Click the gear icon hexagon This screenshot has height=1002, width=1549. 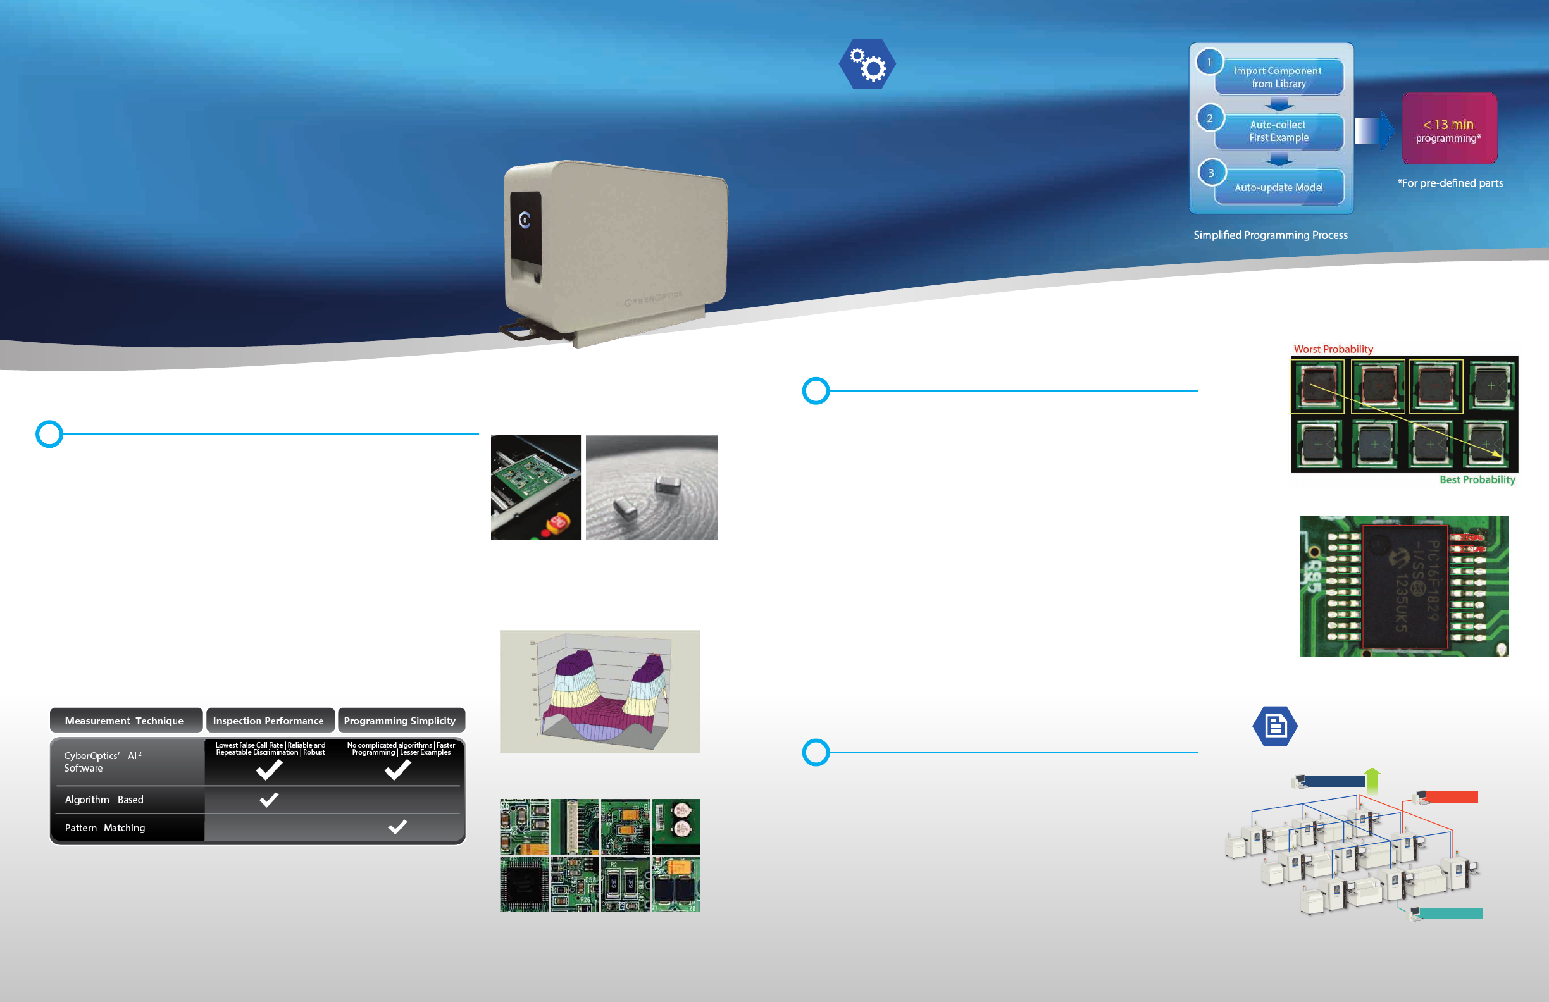pos(867,64)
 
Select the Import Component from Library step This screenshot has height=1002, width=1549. pos(1278,77)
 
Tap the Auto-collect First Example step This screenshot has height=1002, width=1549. pos(1278,131)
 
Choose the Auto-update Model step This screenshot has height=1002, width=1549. pos(1278,187)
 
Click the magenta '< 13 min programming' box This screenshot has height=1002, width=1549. pos(1449,129)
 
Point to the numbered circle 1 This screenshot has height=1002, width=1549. pos(1209,63)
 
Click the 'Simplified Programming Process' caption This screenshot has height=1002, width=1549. pos(1270,235)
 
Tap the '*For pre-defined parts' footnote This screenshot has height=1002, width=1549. pos(1450,183)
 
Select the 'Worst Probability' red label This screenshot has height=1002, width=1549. pos(1333,349)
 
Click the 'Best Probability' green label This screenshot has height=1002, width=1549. pos(1477,480)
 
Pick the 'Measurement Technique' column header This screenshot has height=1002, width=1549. pos(125,721)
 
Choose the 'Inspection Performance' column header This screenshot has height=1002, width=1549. pos(268,721)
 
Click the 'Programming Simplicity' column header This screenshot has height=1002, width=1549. pos(400,721)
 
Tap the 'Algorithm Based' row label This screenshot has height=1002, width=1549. pos(104,800)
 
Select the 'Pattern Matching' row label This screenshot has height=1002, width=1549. pos(105,827)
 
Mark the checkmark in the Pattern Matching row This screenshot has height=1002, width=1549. pos(397,826)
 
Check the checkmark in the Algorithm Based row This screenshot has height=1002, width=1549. pos(269,799)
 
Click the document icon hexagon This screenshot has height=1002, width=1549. pos(1275,726)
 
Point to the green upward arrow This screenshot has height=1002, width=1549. pos(1372,779)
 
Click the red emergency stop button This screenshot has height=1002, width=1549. pos(557,522)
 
